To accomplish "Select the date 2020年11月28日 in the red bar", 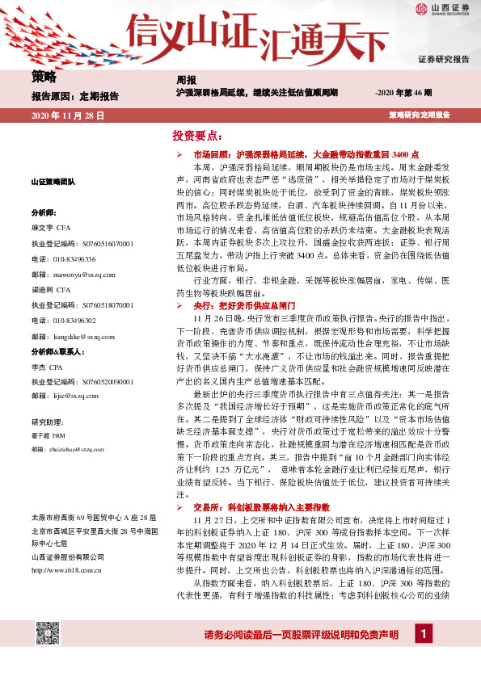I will pos(68,116).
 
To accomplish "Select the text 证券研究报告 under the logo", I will pos(443,60).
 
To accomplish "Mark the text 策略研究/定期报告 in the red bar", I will pos(419,116).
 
